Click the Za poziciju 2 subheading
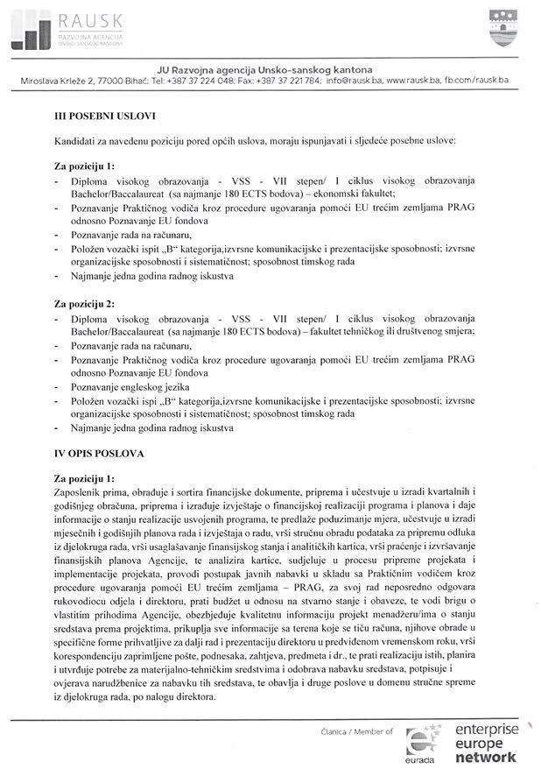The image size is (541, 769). pos(84,304)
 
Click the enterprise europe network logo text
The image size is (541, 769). pos(486,743)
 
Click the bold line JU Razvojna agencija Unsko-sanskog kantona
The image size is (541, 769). pos(264,69)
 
